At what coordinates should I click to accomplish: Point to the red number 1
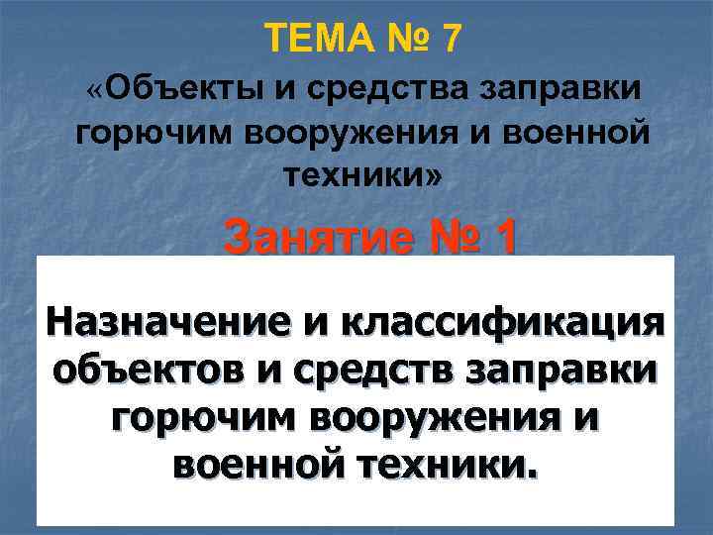coord(502,237)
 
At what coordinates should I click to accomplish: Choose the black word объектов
coord(145,371)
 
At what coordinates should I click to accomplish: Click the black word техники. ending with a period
coord(450,462)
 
